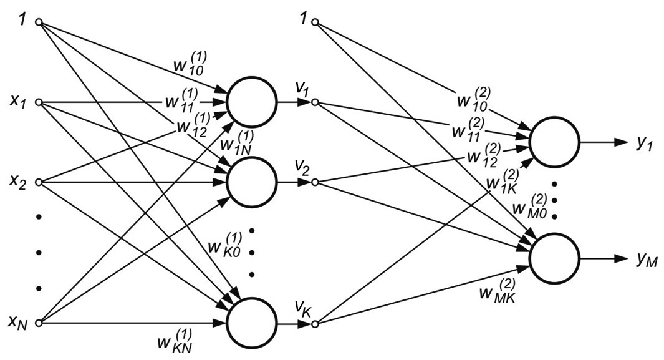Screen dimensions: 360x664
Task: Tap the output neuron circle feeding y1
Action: [554, 142]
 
